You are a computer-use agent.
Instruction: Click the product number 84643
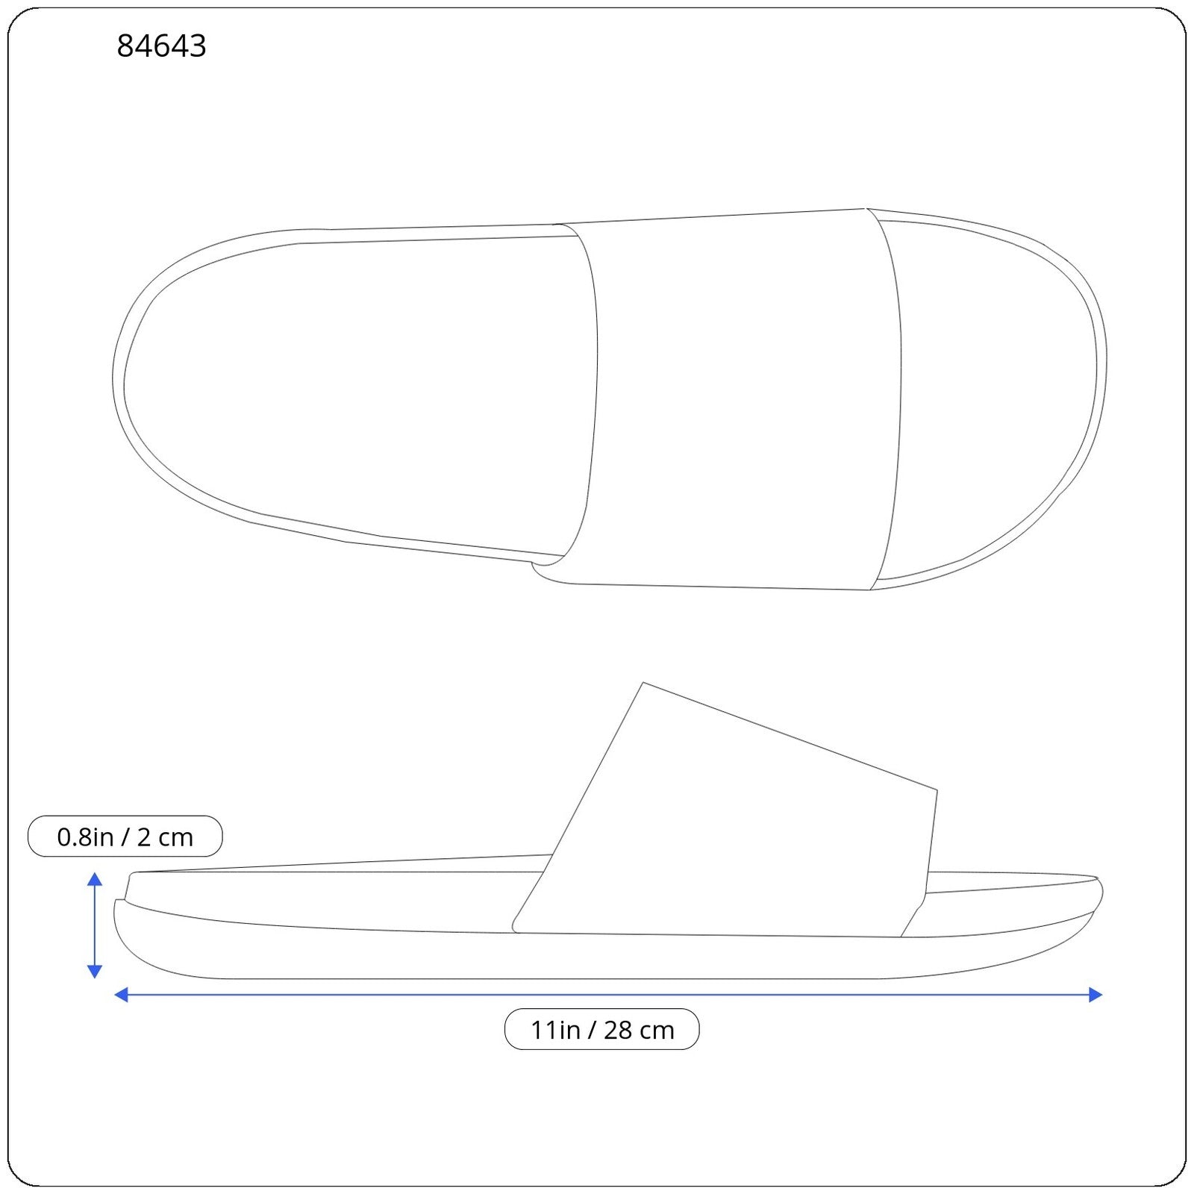pyautogui.click(x=161, y=46)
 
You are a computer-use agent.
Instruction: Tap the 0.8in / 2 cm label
pyautogui.click(x=125, y=837)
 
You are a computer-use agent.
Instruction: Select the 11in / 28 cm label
pyautogui.click(x=602, y=1029)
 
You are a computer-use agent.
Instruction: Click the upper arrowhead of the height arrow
pyautogui.click(x=95, y=879)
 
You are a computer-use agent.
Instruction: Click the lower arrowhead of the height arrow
pyautogui.click(x=95, y=971)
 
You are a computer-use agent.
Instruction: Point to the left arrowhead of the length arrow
pyautogui.click(x=122, y=994)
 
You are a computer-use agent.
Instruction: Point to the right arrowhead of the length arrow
pyautogui.click(x=1095, y=994)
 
